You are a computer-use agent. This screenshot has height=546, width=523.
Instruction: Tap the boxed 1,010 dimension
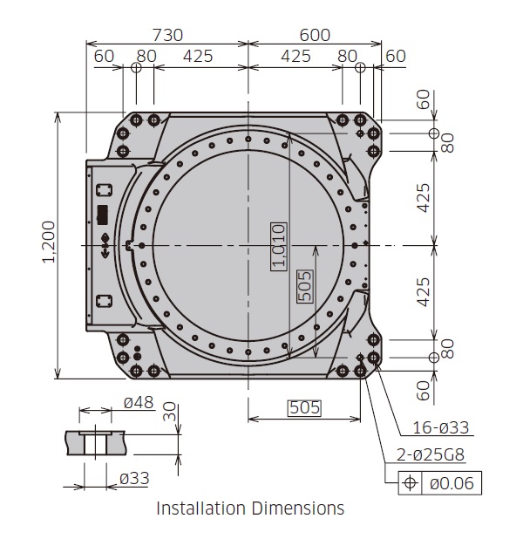pyautogui.click(x=278, y=246)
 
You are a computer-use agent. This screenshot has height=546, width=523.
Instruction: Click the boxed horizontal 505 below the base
pyautogui.click(x=304, y=407)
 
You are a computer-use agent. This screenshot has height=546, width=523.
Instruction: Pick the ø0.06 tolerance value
pyautogui.click(x=452, y=482)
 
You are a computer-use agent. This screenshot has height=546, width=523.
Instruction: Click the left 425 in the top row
pyautogui.click(x=198, y=56)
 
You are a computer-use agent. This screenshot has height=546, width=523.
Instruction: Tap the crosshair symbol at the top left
pyautogui.click(x=136, y=67)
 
